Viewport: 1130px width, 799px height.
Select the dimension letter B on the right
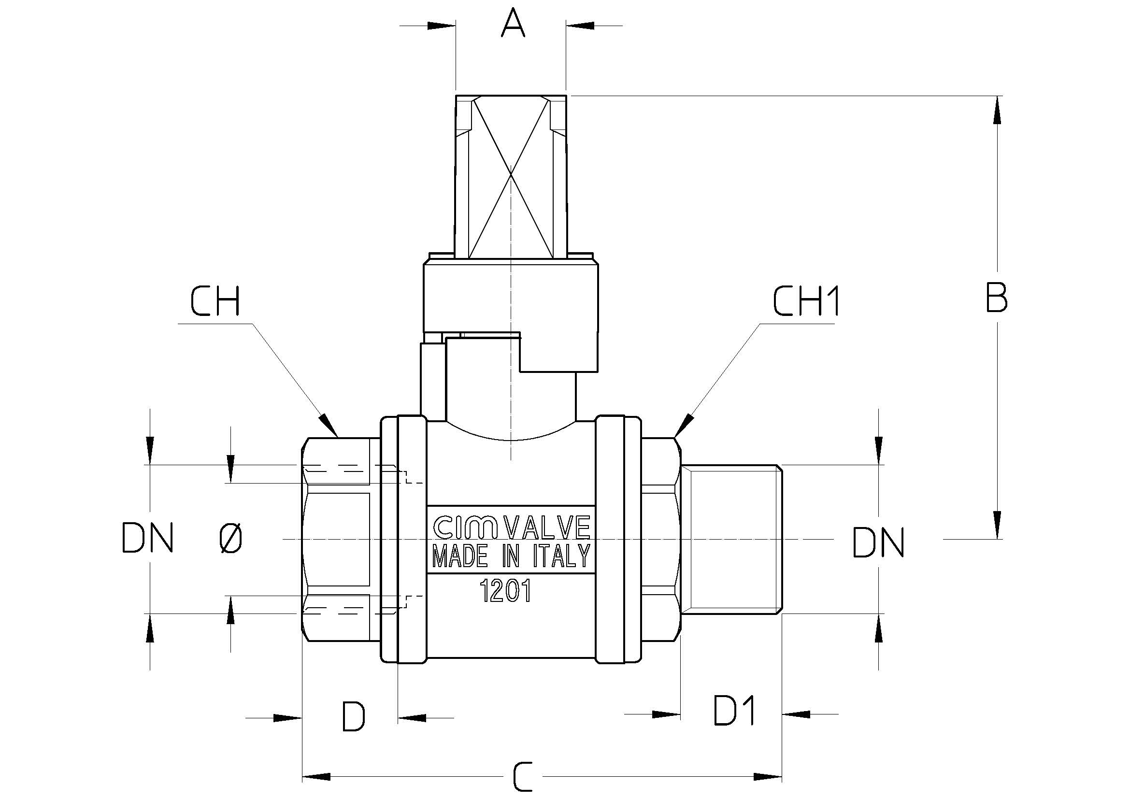tap(997, 298)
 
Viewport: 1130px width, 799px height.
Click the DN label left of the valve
tap(147, 538)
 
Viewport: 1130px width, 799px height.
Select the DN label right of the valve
tap(878, 542)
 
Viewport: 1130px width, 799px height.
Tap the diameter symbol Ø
tap(230, 538)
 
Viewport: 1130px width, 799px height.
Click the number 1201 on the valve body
tap(505, 591)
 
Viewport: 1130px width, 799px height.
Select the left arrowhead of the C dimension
tap(315, 777)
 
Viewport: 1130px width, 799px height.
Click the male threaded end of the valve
tap(732, 538)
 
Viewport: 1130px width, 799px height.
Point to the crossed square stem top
tap(511, 176)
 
